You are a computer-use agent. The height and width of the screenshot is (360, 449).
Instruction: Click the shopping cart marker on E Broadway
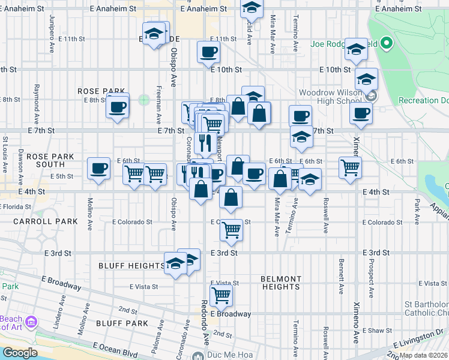click(x=221, y=295)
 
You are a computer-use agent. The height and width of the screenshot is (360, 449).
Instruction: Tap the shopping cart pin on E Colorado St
click(x=231, y=230)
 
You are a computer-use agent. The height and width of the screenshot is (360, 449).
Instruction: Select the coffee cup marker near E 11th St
click(x=208, y=52)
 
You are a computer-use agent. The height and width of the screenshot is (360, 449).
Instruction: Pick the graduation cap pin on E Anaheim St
click(x=252, y=8)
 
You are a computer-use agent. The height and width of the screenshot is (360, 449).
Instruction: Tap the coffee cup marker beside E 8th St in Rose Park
click(x=117, y=107)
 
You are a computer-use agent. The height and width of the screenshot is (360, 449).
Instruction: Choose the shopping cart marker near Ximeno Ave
click(x=350, y=167)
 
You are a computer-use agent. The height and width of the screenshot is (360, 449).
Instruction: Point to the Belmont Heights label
click(x=280, y=283)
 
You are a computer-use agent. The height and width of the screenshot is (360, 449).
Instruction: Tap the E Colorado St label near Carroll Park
click(x=132, y=222)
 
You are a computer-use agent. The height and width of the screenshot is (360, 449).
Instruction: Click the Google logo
click(x=20, y=353)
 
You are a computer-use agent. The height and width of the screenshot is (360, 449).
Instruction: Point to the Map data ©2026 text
click(x=423, y=355)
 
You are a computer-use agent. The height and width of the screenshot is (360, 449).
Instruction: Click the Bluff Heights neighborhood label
click(x=131, y=265)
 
